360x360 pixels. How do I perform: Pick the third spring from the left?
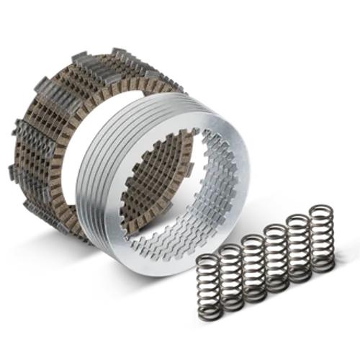pyautogui.click(x=251, y=263)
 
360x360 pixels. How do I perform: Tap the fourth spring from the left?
pyautogui.click(x=274, y=252)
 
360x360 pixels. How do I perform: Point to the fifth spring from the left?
pyautogui.click(x=297, y=241)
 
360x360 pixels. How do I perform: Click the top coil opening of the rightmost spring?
pyautogui.click(x=318, y=210)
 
